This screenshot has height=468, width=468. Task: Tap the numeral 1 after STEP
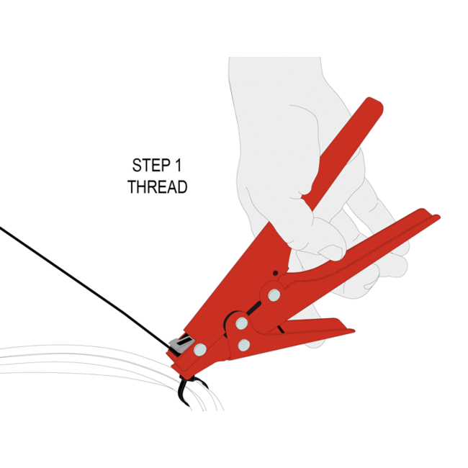(x=178, y=164)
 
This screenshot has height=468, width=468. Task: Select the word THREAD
(x=158, y=186)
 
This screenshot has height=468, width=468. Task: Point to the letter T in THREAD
(x=132, y=186)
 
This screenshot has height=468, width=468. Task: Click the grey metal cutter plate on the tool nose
(x=182, y=344)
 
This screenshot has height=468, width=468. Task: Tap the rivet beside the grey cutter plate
(x=199, y=350)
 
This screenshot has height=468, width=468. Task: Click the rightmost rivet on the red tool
(x=274, y=294)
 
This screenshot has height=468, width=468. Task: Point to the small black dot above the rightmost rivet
(x=274, y=274)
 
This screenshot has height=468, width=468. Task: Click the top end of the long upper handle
(x=374, y=106)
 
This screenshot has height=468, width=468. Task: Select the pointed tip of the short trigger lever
(x=351, y=331)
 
